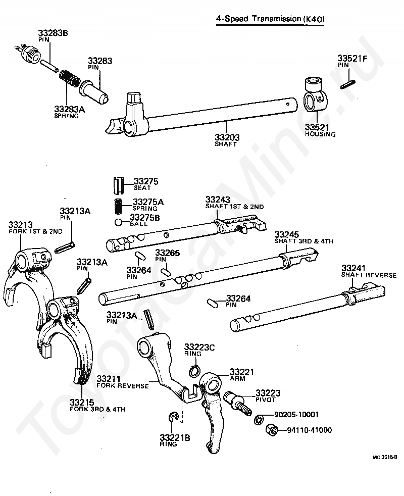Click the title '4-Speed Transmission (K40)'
click(270, 19)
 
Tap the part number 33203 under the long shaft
click(227, 137)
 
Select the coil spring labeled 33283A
click(69, 79)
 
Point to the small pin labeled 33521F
click(348, 84)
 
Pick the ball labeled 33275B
click(118, 222)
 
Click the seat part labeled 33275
click(119, 186)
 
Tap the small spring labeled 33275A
click(118, 207)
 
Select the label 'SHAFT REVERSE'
click(369, 275)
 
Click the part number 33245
click(287, 235)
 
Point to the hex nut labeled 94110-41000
click(272, 430)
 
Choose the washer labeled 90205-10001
click(259, 419)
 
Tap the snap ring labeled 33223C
click(194, 370)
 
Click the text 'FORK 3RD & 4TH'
click(97, 409)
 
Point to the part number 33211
click(109, 379)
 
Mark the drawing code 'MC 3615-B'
click(385, 457)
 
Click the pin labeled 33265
click(166, 272)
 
